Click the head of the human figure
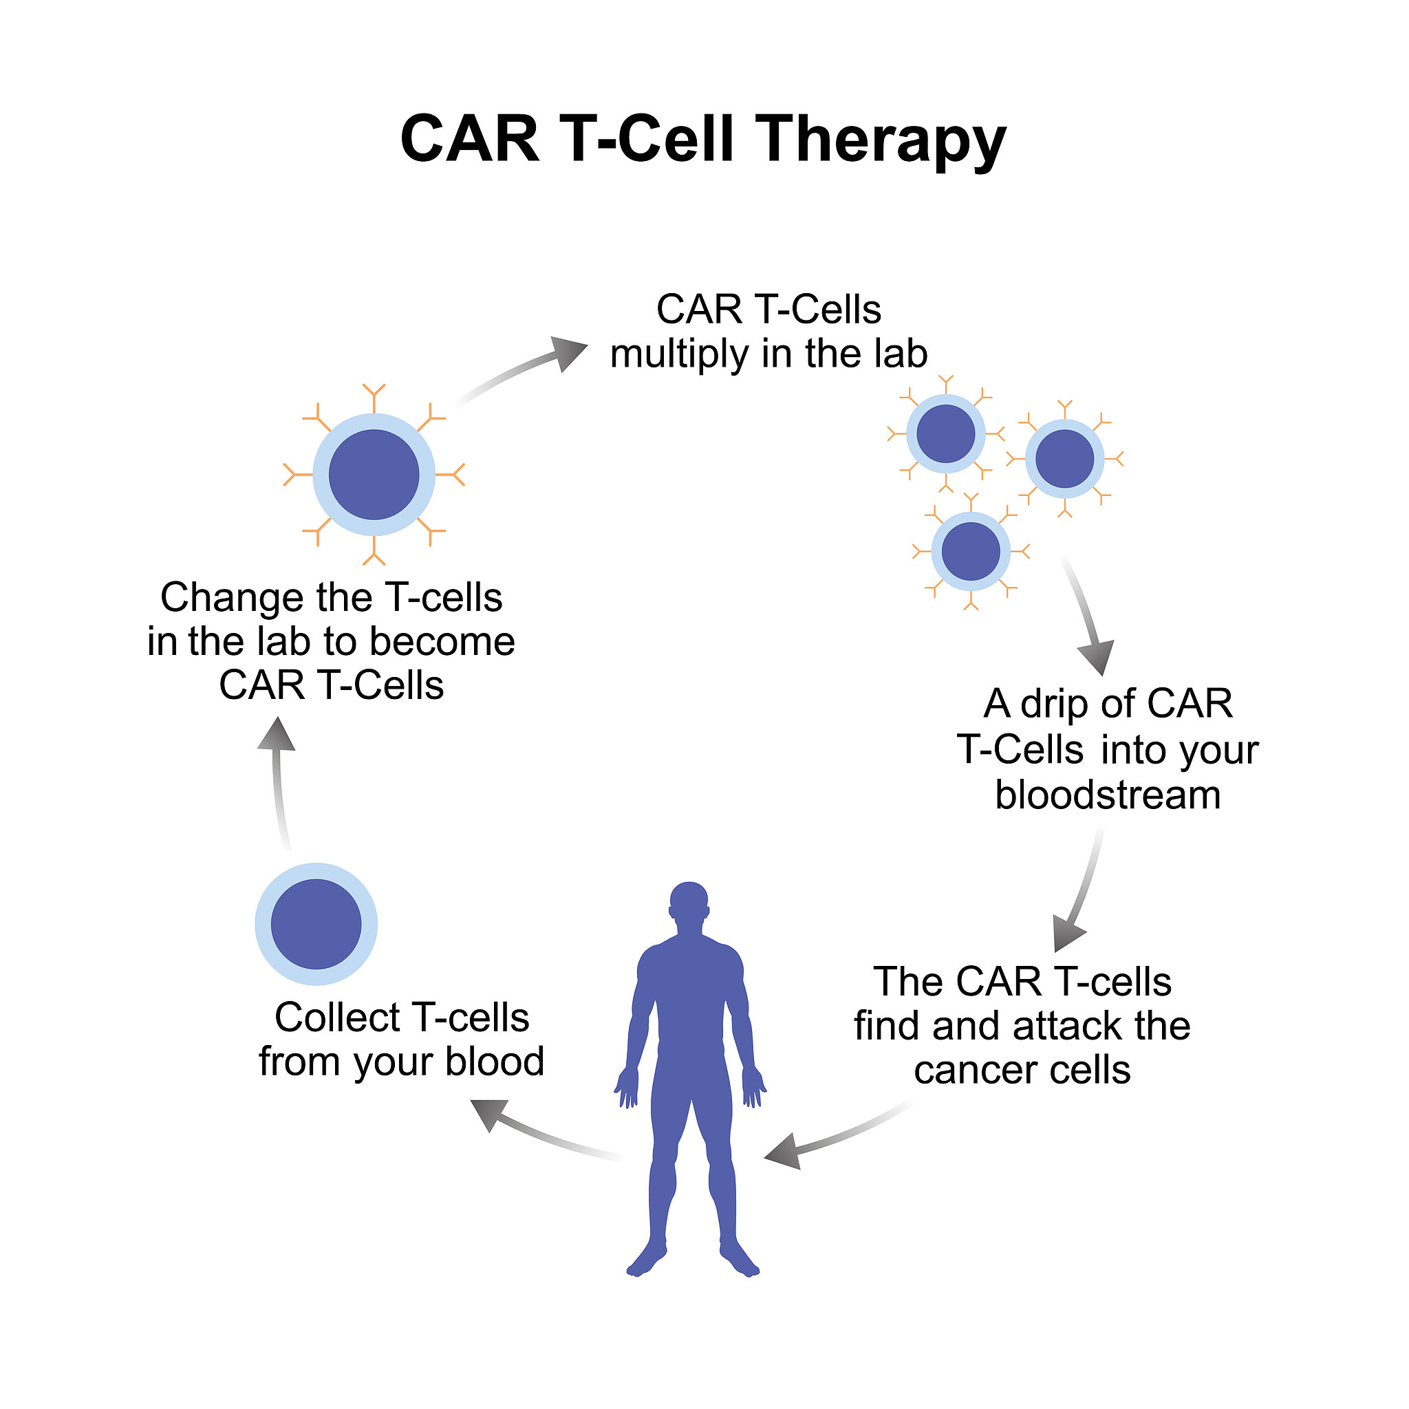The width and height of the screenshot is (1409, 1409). pyautogui.click(x=689, y=903)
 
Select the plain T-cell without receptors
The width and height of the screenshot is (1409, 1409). pyautogui.click(x=316, y=924)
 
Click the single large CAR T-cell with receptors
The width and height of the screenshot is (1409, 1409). pyautogui.click(x=374, y=474)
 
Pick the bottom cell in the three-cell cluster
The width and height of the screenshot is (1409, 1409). pyautogui.click(x=971, y=551)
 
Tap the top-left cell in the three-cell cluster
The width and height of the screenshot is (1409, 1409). pyautogui.click(x=946, y=434)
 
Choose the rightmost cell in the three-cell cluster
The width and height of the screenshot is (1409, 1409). pyautogui.click(x=1065, y=459)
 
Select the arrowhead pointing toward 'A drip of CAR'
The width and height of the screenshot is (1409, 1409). pyautogui.click(x=1097, y=656)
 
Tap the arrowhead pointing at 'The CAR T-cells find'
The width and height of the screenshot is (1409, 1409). pyautogui.click(x=1068, y=934)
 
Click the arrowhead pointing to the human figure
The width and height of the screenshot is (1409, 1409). pyautogui.click(x=784, y=1153)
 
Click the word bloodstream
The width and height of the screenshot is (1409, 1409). pyautogui.click(x=1108, y=795)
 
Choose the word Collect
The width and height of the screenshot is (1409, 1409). pyautogui.click(x=338, y=1018)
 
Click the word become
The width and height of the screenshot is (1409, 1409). pyautogui.click(x=442, y=642)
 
